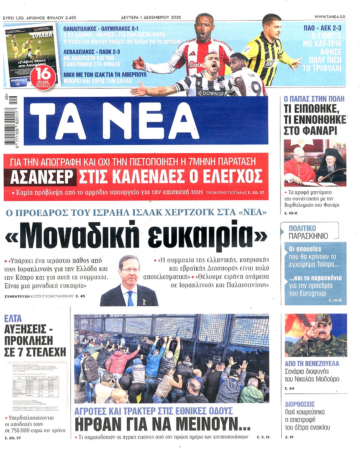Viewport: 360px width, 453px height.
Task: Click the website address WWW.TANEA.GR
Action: (330, 17)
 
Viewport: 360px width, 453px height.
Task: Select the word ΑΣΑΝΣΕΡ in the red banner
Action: (41, 175)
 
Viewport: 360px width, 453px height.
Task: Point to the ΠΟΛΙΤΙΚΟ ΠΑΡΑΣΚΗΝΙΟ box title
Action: (308, 232)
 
